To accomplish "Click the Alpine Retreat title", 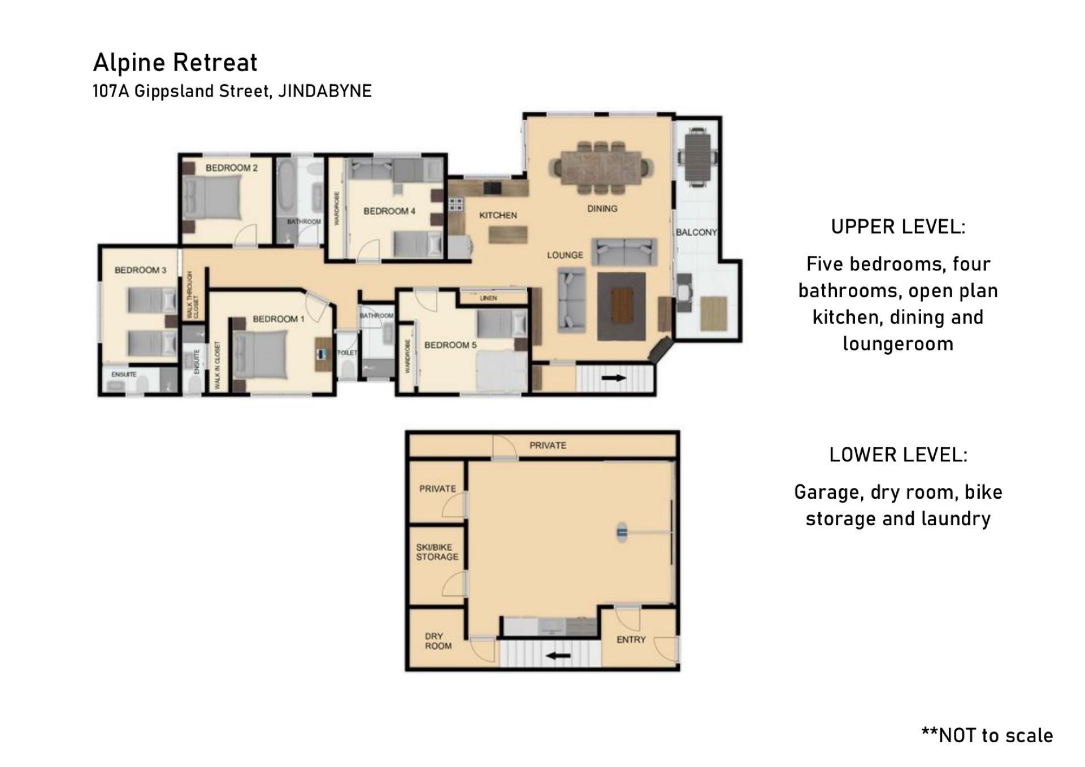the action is [x=175, y=62].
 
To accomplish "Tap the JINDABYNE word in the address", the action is [x=325, y=91].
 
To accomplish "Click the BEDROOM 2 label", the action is [x=232, y=168].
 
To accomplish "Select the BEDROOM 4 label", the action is [x=389, y=211].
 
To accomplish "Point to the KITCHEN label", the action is [x=498, y=215].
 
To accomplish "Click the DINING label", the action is [x=602, y=208].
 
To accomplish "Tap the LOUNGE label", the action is [x=565, y=255].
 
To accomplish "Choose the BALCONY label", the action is [x=696, y=232].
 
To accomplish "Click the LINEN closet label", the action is [x=488, y=298].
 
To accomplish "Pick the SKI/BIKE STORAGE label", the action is [x=437, y=552].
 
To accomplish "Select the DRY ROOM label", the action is [x=438, y=641].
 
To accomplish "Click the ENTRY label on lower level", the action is [x=631, y=639].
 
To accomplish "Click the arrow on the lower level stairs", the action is [x=558, y=656].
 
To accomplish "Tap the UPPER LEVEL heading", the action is [x=898, y=227].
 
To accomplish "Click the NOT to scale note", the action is [x=987, y=735].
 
